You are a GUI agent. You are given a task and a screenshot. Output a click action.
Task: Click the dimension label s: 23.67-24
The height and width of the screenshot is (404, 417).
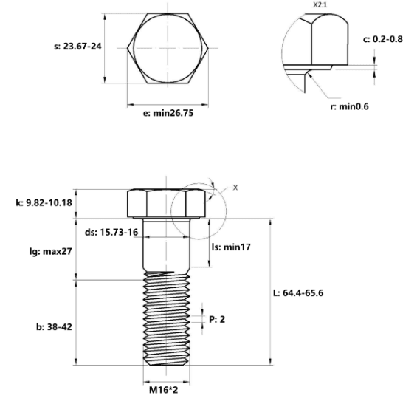pyautogui.click(x=77, y=47)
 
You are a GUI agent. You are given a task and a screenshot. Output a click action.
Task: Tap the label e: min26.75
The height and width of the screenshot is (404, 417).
pyautogui.click(x=168, y=113)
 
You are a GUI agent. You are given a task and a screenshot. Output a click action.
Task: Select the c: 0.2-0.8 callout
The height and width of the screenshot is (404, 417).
pyautogui.click(x=383, y=39)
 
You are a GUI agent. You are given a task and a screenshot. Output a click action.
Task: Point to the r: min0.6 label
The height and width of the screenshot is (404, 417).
pyautogui.click(x=349, y=106)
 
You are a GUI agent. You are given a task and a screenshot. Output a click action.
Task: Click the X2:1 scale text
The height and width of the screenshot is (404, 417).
pyautogui.click(x=320, y=4)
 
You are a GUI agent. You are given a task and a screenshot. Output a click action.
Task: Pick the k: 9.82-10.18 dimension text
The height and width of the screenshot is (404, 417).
pyautogui.click(x=44, y=203)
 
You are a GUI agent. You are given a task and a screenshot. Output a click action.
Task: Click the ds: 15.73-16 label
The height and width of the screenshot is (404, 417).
pyautogui.click(x=111, y=232)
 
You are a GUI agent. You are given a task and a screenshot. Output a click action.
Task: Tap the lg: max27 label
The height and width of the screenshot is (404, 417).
pyautogui.click(x=50, y=251)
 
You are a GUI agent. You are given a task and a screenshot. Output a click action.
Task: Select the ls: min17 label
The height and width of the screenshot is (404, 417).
pyautogui.click(x=231, y=247)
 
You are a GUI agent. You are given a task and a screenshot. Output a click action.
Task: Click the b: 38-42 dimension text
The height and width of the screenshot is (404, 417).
pyautogui.click(x=54, y=327)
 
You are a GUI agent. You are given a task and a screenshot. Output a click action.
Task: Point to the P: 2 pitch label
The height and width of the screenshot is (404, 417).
pyautogui.click(x=217, y=319)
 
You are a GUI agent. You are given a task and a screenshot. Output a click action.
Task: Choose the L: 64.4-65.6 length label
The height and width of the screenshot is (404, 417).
pyautogui.click(x=298, y=293)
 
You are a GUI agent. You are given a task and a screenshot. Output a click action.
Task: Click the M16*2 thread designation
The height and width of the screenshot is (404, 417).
pyautogui.click(x=164, y=390)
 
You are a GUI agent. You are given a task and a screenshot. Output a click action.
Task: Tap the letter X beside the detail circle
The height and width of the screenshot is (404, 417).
pyautogui.click(x=235, y=188)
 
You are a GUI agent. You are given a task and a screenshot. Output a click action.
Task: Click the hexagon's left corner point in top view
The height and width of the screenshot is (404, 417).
pyautogui.click(x=127, y=49)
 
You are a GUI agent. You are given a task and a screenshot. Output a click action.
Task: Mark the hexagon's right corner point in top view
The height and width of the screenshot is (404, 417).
pyautogui.click(x=208, y=49)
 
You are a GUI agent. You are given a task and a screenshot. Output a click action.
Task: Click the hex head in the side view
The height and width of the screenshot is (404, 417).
pyautogui.click(x=166, y=203)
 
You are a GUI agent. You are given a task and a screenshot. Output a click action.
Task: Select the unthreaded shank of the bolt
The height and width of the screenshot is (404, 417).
pyautogui.click(x=166, y=244)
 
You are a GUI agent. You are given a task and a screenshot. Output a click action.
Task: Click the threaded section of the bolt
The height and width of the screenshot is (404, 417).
pyautogui.click(x=166, y=318)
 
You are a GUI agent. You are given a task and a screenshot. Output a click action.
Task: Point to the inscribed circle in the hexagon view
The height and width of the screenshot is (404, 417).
pyautogui.click(x=134, y=49)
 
